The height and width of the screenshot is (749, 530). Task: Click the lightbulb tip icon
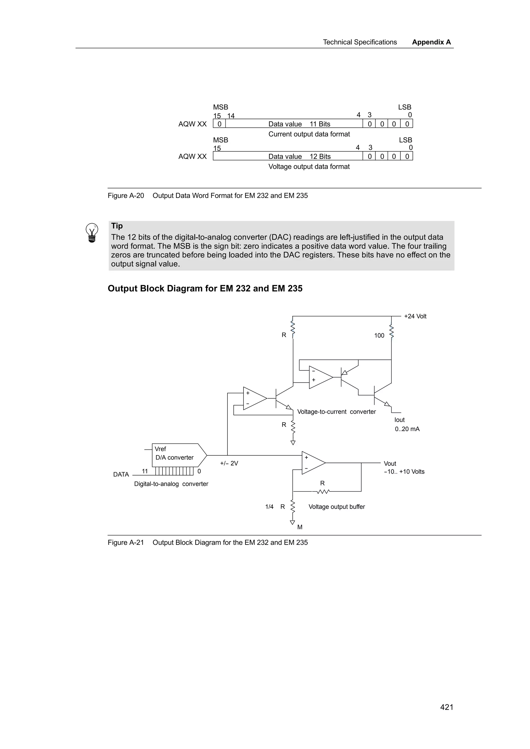click(92, 232)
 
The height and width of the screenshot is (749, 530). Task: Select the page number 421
click(446, 707)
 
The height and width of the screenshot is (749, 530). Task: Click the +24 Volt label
click(415, 316)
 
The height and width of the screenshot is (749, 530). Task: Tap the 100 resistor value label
click(379, 335)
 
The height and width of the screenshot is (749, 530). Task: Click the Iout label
click(399, 420)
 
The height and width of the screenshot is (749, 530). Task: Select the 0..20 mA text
click(407, 429)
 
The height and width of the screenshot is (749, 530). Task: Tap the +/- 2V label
click(229, 463)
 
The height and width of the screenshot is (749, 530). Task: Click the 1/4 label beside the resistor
click(269, 507)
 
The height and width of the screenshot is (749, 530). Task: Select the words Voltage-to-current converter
click(336, 412)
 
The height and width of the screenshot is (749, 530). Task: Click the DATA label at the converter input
click(121, 474)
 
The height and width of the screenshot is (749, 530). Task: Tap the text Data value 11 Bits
click(299, 124)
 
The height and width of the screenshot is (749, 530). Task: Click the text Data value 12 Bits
click(299, 157)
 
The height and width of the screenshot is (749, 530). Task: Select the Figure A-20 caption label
click(126, 196)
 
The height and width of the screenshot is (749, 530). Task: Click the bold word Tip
click(117, 226)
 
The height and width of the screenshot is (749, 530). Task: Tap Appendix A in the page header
click(431, 42)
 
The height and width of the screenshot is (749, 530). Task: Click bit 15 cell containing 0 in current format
click(219, 124)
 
